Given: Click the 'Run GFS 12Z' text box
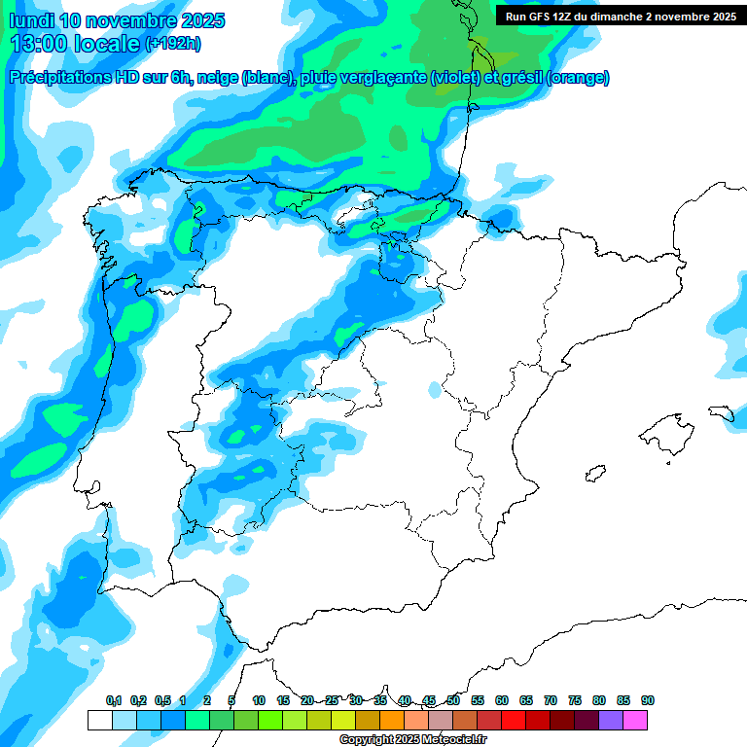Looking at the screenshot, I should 620,17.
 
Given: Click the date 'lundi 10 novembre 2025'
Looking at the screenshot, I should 117,20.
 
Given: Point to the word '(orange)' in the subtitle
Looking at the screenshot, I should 578,78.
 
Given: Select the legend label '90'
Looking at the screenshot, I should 648,700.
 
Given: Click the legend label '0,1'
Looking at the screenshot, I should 113,700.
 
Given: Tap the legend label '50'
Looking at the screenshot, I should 453,700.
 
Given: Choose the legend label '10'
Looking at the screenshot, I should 259,700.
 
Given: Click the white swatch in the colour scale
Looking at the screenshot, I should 99,720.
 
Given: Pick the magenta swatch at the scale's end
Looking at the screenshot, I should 635,720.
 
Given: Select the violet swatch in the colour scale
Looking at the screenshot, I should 611,720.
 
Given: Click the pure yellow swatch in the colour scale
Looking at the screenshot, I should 343,720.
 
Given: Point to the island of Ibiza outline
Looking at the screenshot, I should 594,474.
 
